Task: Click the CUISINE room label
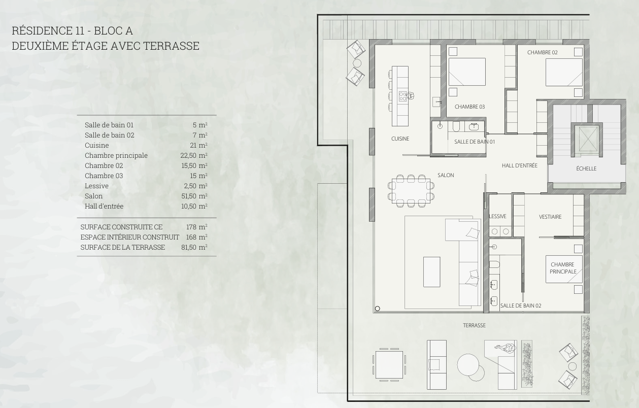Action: click(400, 139)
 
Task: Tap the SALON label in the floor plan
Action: click(446, 175)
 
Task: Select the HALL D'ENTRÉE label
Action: click(519, 165)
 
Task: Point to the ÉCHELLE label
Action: click(586, 168)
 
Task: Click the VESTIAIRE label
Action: click(550, 217)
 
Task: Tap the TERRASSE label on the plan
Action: click(474, 325)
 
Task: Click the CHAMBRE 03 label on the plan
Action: click(469, 107)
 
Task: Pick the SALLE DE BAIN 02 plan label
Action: click(521, 305)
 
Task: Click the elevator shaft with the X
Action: click(587, 139)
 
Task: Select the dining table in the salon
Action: click(411, 191)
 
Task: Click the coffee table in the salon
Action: click(431, 272)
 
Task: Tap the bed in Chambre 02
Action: click(564, 72)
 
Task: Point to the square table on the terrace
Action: click(389, 365)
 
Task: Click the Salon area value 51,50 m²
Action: click(194, 196)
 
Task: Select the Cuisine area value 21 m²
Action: click(198, 145)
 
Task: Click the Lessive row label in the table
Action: click(96, 186)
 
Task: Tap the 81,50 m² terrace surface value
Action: click(194, 247)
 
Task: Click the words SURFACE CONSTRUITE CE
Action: click(121, 227)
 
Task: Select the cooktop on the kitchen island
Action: click(403, 96)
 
